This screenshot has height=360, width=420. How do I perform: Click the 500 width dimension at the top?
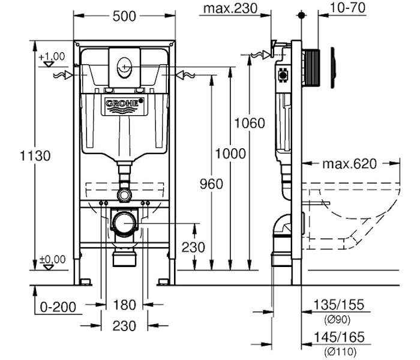click(x=125, y=17)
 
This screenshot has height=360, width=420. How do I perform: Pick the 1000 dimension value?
click(x=230, y=154)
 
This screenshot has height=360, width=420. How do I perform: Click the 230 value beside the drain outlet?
click(x=193, y=247)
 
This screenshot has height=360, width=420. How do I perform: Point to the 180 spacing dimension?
click(x=124, y=305)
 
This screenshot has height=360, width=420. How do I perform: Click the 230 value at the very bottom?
click(x=124, y=326)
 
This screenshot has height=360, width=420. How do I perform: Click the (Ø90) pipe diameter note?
click(x=338, y=319)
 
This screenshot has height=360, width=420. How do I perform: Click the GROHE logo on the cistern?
click(x=125, y=104)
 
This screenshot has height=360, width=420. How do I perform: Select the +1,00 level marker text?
click(x=52, y=56)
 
